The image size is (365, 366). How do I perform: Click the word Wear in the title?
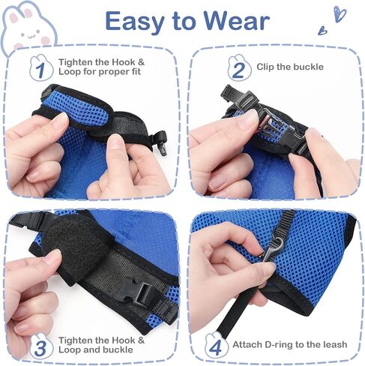tap(236, 21)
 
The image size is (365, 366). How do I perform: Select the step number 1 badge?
tap(41, 68)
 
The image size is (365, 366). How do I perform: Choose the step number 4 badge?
tap(216, 345)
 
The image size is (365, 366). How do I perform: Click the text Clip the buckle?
tap(290, 67)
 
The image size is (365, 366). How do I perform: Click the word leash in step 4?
tap(334, 344)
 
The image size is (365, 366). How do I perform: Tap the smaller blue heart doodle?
tap(322, 30)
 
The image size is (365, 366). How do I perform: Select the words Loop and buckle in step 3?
tap(96, 349)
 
